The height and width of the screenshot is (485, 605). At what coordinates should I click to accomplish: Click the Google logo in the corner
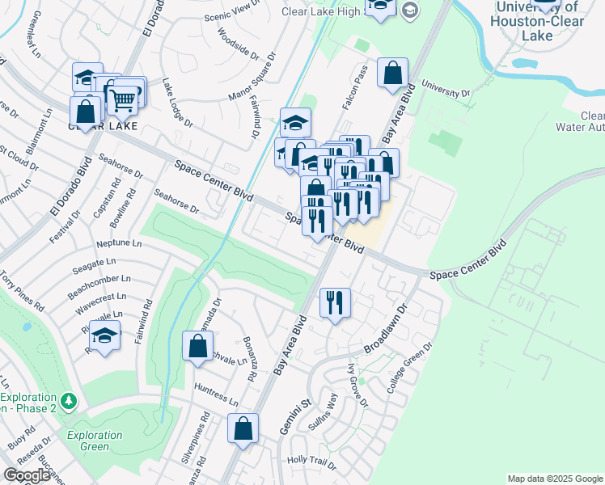coord(27,475)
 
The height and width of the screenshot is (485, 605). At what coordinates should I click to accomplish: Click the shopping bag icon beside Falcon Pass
coord(392,73)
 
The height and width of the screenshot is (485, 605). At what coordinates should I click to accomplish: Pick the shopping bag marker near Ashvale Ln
coord(198,347)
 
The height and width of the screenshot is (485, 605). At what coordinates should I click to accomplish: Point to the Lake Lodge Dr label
coord(177,102)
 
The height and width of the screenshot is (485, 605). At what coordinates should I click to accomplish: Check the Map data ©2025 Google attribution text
coord(554,479)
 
